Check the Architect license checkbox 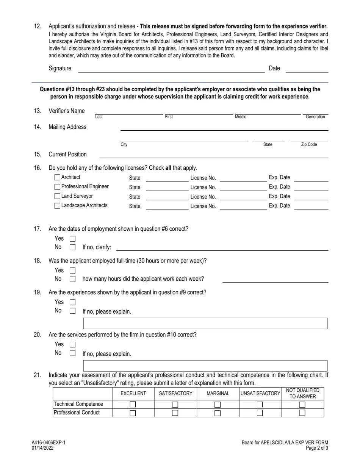[57, 177]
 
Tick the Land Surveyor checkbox [57, 196]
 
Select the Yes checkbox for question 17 [73, 239]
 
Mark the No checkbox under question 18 [73, 279]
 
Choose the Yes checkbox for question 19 [73, 302]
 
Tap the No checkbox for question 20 [73, 353]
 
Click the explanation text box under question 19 [205, 324]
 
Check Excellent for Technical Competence [133, 405]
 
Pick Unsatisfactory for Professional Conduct [260, 413]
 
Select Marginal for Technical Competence [218, 405]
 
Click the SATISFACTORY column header [175, 394]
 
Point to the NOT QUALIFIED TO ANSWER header [302, 394]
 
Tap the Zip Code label [309, 145]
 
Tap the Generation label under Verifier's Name [315, 117]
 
